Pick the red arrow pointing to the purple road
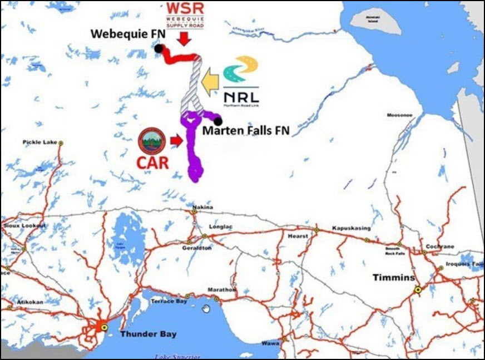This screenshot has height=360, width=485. click(176, 141)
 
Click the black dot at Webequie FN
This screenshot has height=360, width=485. click(159, 49)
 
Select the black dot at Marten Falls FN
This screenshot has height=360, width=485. click(218, 121)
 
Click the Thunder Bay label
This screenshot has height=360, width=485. click(149, 334)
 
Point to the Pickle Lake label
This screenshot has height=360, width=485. click(38, 143)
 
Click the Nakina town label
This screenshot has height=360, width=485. click(203, 208)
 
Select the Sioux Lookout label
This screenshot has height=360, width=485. click(25, 225)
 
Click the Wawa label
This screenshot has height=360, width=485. click(270, 344)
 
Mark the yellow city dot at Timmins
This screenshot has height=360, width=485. click(417, 289)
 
